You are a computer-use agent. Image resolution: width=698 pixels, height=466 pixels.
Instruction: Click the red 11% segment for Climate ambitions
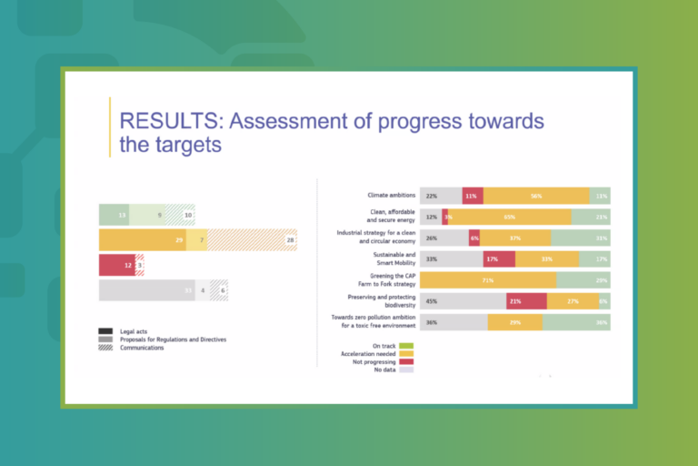coord(473,196)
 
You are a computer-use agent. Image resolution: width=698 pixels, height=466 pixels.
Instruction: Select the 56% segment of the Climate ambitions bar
coord(536,196)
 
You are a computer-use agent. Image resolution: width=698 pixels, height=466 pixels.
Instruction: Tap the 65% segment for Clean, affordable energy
coord(509,217)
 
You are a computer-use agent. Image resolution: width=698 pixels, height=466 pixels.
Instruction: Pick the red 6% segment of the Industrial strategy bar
coord(474,238)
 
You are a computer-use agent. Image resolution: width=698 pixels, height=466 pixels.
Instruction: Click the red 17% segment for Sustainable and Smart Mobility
coord(499,259)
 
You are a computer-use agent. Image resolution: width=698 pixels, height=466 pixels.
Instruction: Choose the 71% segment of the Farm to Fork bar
coord(488,280)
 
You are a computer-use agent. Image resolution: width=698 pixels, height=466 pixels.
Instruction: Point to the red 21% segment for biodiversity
coord(526,301)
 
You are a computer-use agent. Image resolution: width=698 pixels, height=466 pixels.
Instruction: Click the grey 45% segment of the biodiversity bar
coord(463,301)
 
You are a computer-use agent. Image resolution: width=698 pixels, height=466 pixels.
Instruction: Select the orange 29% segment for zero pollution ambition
coord(514,322)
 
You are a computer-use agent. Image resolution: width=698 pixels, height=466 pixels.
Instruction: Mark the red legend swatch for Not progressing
coord(406,361)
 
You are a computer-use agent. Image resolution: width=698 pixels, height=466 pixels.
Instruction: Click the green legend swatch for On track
coord(406,345)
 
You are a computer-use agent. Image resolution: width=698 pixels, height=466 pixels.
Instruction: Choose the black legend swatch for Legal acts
coord(105,330)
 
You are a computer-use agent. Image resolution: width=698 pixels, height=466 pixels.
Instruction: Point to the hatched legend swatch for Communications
coord(105,347)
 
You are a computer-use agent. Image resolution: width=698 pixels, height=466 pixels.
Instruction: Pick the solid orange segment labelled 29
coord(143,239)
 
